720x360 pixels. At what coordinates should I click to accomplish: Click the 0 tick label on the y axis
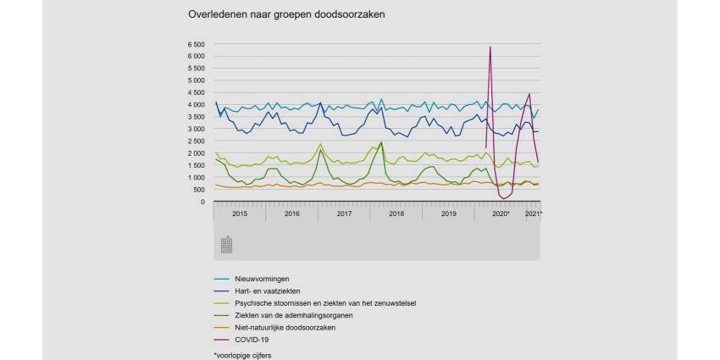click(202, 202)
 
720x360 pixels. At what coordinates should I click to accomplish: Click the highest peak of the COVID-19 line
click(490, 47)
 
